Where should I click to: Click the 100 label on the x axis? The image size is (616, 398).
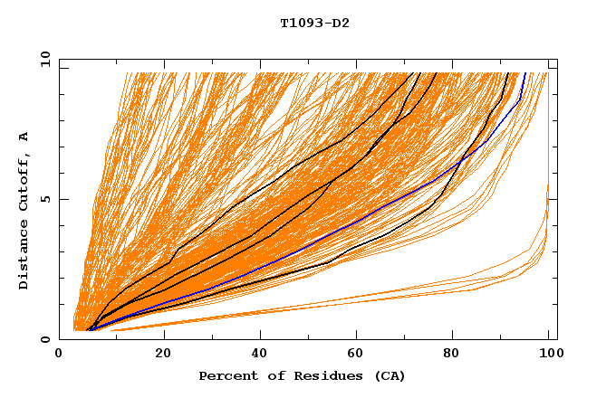(x=548, y=354)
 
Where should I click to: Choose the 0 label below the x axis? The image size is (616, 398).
(x=60, y=354)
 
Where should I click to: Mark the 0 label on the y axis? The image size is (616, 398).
(x=46, y=340)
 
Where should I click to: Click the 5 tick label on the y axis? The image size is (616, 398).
(x=46, y=199)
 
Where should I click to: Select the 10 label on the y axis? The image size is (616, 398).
(x=43, y=59)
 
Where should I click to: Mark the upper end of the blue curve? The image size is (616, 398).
(x=525, y=72)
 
